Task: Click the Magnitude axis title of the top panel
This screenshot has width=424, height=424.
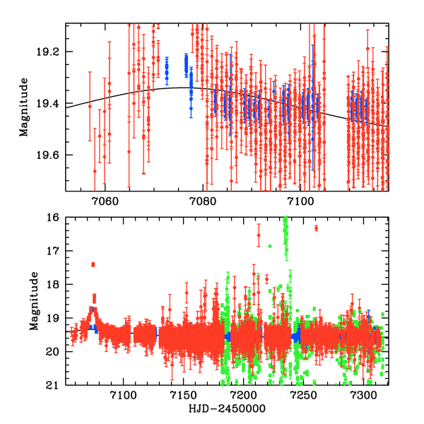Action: [24, 107]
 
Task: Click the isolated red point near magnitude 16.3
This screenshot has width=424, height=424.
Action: [316, 228]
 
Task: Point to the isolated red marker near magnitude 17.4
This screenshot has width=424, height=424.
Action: [93, 264]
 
